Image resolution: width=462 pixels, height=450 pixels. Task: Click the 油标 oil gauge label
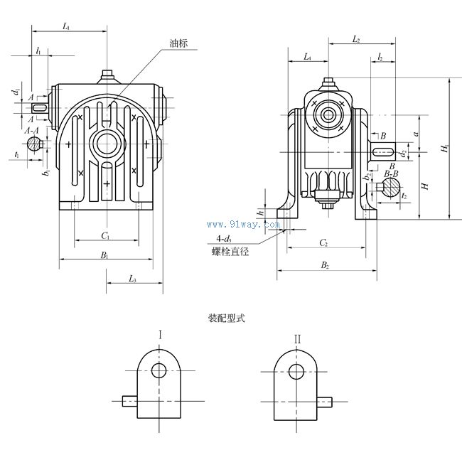179,43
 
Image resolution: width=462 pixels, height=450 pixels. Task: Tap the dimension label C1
104,235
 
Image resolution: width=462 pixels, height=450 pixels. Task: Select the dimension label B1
104,255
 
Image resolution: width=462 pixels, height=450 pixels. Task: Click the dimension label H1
445,149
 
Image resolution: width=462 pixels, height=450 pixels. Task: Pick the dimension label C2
324,243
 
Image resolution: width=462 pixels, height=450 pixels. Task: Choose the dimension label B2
325,265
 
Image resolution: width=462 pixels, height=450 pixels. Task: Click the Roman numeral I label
161,336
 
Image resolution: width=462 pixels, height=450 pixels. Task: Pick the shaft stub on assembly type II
325,402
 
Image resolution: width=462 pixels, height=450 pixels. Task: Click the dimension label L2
356,40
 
